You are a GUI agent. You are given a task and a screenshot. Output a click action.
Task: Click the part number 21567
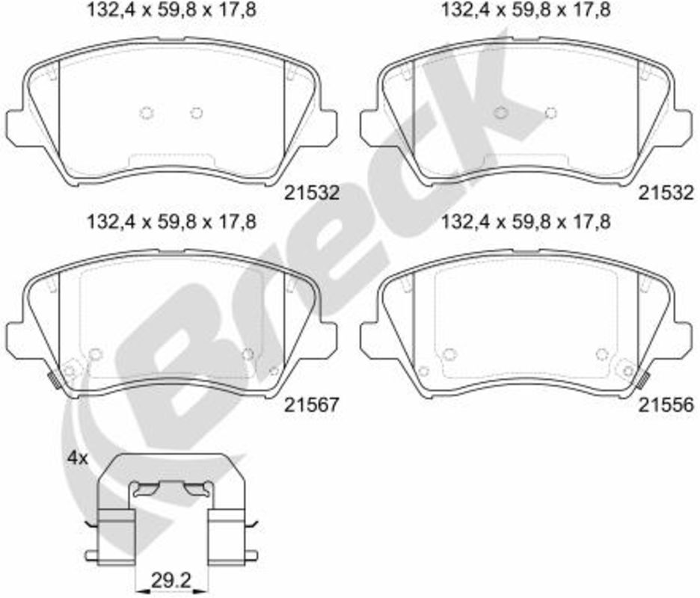click(313, 404)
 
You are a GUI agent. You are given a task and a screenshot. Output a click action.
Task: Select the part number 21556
click(666, 404)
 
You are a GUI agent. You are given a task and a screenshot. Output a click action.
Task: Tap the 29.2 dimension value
click(171, 581)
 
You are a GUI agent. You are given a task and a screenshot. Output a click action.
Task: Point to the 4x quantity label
click(78, 458)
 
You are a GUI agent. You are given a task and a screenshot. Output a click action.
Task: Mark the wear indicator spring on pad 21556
click(643, 378)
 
